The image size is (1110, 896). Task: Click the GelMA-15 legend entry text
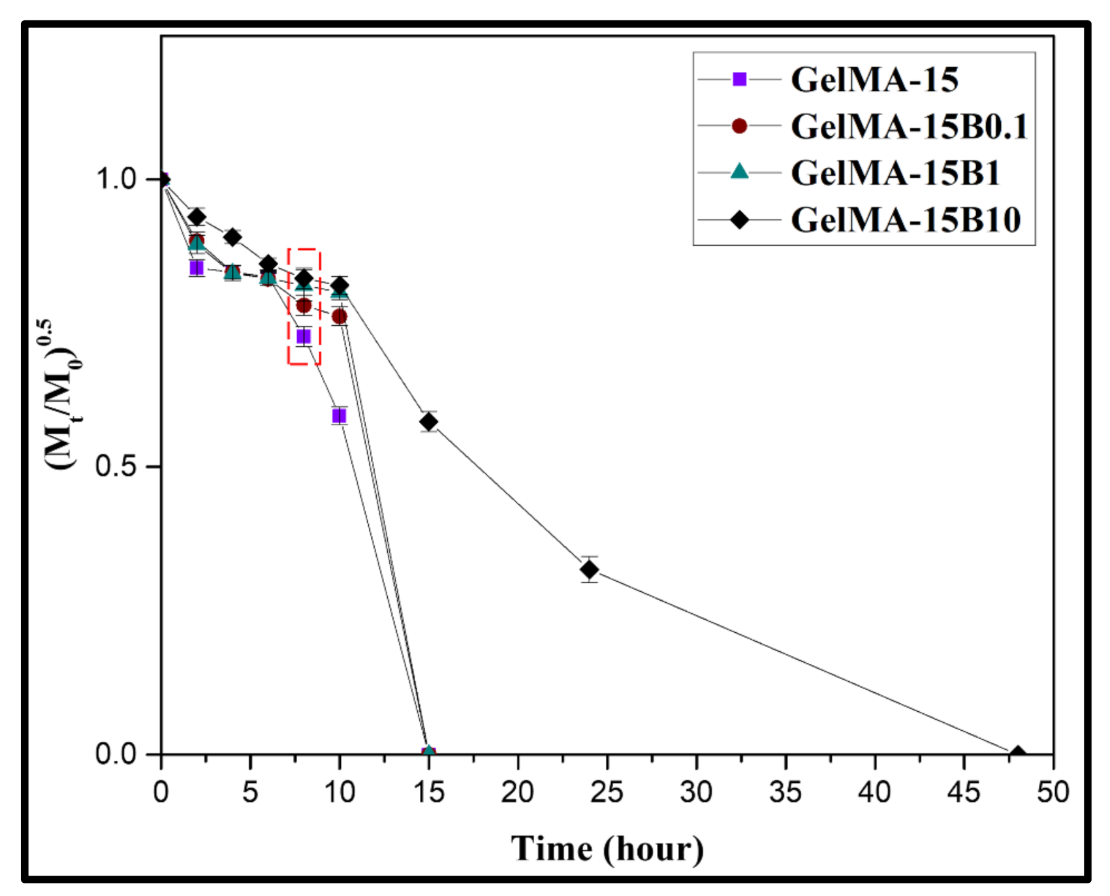click(x=874, y=80)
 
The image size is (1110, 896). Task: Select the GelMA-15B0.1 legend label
click(x=908, y=127)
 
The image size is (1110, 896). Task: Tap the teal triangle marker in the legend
click(x=739, y=172)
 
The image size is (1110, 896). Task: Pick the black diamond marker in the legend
click(x=739, y=219)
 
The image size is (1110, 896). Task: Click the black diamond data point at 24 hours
click(x=590, y=569)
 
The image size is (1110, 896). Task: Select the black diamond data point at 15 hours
click(x=428, y=422)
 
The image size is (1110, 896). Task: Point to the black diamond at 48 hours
click(x=1017, y=755)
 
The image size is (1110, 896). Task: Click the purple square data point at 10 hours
click(x=339, y=416)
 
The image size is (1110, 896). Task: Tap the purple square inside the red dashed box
click(x=304, y=337)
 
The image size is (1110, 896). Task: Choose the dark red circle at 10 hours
click(x=339, y=317)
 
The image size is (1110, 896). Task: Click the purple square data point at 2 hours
click(x=197, y=268)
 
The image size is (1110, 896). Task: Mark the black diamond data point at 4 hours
click(x=232, y=237)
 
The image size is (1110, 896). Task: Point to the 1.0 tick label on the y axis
click(x=117, y=179)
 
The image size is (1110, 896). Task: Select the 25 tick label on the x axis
click(x=607, y=792)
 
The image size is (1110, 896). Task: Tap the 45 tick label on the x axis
click(x=964, y=792)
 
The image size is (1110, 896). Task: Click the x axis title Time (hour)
click(x=607, y=849)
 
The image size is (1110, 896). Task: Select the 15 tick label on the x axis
click(x=428, y=792)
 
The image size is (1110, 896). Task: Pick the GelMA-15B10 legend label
click(x=905, y=220)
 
